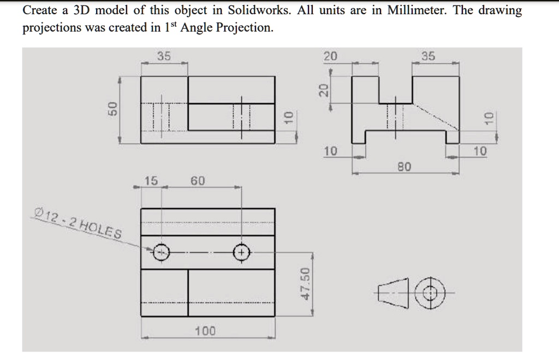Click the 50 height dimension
(112, 108)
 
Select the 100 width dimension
(205, 331)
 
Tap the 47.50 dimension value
(306, 283)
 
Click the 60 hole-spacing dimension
(198, 181)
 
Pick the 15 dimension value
(151, 181)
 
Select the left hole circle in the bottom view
(161, 252)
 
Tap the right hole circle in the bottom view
(241, 252)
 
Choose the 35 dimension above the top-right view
(429, 56)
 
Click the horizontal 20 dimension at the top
(330, 56)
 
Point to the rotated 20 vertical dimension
(323, 90)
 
